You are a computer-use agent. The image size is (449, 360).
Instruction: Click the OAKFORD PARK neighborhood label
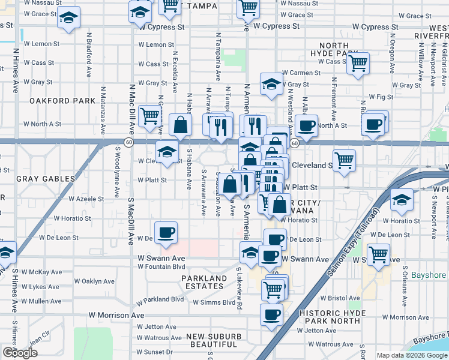62,101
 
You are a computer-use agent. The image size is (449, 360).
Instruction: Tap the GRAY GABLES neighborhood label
46,179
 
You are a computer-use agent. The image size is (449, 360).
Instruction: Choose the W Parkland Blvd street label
160,299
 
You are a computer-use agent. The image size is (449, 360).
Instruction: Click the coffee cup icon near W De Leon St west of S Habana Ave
166,233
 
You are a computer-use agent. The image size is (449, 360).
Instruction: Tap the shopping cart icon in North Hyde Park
358,63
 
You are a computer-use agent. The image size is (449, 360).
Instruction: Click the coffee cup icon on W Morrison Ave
271,314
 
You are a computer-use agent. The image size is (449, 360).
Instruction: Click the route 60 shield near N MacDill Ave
128,142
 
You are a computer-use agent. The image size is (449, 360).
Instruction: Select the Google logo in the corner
20,352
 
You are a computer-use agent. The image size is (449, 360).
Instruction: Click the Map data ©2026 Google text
411,355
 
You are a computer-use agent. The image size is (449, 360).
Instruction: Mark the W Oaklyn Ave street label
94,281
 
